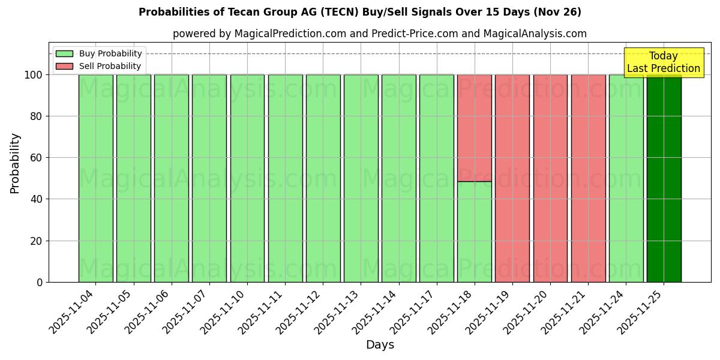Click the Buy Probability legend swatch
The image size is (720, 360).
pos(64,53)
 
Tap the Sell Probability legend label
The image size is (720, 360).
pos(110,66)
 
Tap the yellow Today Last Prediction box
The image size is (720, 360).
pos(664,62)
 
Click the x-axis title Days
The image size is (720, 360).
pos(380,345)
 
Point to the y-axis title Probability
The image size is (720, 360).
pos(15,163)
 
